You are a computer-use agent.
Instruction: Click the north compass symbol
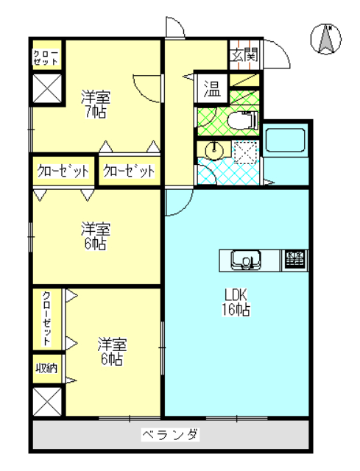(x=325, y=39)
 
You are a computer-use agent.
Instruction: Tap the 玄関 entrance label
(x=244, y=55)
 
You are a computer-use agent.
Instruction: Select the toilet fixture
(x=243, y=121)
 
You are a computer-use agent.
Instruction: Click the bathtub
(x=286, y=140)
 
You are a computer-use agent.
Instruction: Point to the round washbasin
(x=214, y=149)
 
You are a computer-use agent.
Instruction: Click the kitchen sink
(x=245, y=260)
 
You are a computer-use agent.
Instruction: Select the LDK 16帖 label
(x=236, y=302)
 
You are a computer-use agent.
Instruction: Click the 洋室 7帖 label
(x=95, y=105)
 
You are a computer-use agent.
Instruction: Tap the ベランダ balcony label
(x=170, y=434)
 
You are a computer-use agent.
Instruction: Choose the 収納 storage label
(x=46, y=368)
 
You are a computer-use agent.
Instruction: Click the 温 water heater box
(x=212, y=88)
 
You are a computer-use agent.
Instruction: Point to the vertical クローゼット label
(x=46, y=319)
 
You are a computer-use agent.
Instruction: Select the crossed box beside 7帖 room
(x=47, y=89)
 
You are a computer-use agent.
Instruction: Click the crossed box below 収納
(x=47, y=401)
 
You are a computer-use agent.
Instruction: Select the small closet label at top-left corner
(x=46, y=57)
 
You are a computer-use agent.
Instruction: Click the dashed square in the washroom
(x=246, y=152)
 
